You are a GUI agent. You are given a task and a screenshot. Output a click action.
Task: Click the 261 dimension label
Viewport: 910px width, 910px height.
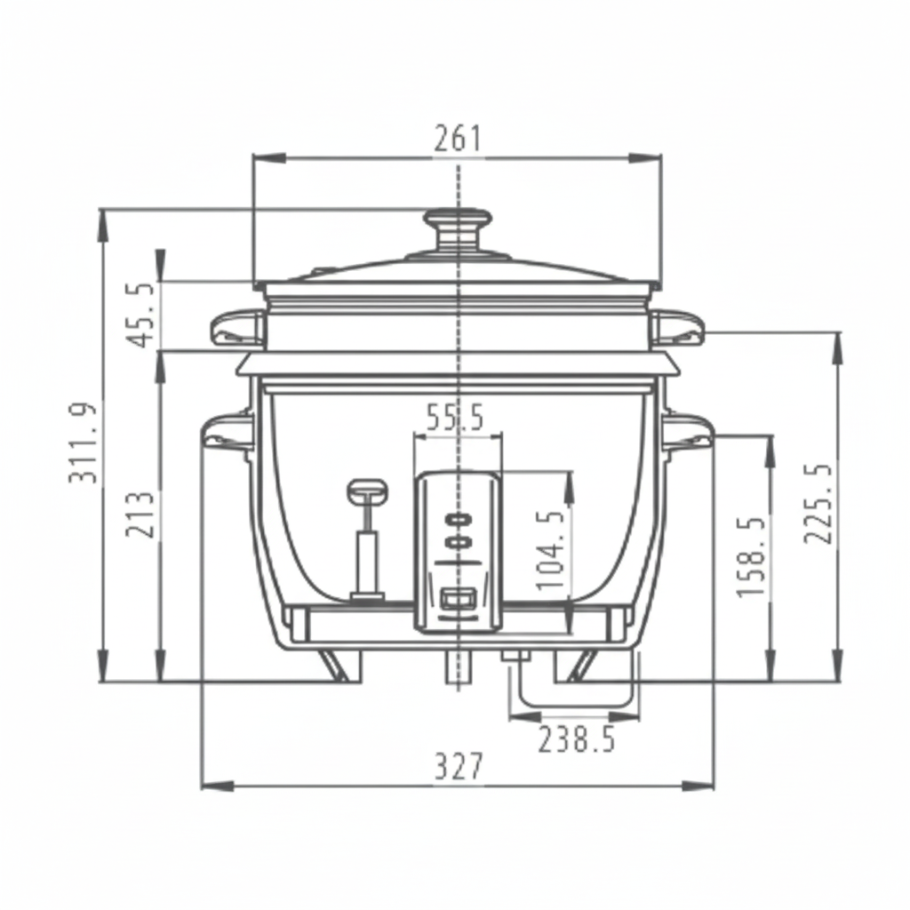tap(458, 140)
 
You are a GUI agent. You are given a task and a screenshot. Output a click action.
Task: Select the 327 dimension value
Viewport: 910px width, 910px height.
tap(459, 767)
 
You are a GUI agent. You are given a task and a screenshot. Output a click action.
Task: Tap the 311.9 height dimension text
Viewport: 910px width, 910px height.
tap(83, 443)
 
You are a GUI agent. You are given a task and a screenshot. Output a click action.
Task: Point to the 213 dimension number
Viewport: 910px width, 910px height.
tap(141, 515)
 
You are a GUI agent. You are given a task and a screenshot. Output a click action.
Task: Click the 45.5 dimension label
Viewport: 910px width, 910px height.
tap(141, 315)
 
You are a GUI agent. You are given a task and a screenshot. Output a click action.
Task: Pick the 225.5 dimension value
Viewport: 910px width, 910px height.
tap(818, 503)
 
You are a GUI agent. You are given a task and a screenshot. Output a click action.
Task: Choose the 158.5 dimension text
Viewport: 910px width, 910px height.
tap(751, 556)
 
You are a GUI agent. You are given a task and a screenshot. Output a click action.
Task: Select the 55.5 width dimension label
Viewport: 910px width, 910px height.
tap(455, 418)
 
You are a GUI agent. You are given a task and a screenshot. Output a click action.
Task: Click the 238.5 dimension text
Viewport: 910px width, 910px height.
tap(576, 740)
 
